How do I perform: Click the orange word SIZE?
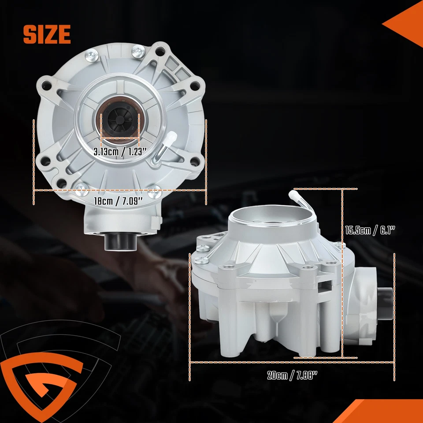click(x=47, y=34)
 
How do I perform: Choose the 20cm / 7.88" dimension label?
click(x=292, y=375)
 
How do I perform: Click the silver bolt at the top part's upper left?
click(x=92, y=56)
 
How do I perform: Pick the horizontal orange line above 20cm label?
click(x=292, y=362)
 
